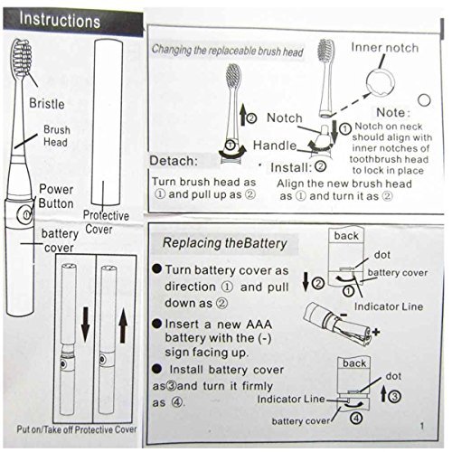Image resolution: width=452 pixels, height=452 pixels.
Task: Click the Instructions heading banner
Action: tap(73, 22)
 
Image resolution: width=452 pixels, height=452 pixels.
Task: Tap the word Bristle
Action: tap(47, 104)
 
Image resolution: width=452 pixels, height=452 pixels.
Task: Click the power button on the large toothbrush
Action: tap(25, 214)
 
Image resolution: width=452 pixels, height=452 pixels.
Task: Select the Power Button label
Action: tap(56, 196)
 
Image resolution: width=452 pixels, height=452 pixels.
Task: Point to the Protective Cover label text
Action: tap(106, 222)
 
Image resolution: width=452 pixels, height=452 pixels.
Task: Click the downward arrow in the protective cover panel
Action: tap(85, 325)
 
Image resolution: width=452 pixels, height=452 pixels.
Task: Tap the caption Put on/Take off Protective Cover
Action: tap(77, 429)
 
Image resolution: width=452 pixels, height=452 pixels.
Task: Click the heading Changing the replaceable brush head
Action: tap(228, 51)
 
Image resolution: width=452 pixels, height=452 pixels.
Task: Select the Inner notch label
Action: tap(385, 48)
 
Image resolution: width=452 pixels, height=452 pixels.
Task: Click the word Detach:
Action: tap(174, 161)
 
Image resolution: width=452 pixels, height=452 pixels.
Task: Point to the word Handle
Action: tap(275, 146)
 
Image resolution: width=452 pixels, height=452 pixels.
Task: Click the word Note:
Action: tap(393, 112)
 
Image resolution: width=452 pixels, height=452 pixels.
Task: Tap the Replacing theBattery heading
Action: tap(225, 243)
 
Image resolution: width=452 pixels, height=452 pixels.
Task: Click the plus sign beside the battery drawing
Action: tap(375, 332)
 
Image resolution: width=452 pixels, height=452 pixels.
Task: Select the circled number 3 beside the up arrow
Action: tap(394, 396)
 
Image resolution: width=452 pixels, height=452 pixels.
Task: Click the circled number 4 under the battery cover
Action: tap(356, 419)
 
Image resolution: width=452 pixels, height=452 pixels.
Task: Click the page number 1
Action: tap(422, 426)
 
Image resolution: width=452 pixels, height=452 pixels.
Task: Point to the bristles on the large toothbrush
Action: tap(22, 58)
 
